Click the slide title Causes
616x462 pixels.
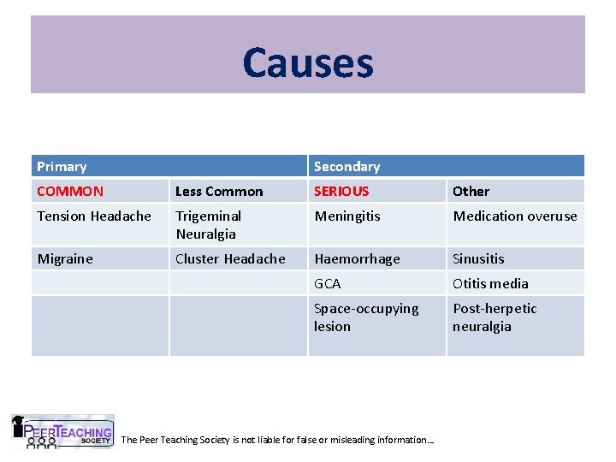click(308, 62)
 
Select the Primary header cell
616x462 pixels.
click(62, 167)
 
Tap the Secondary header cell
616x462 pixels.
click(346, 167)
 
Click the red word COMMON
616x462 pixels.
click(70, 192)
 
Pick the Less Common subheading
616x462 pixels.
click(219, 192)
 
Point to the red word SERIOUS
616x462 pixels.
click(341, 192)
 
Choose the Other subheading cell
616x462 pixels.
click(471, 192)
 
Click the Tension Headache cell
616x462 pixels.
click(94, 216)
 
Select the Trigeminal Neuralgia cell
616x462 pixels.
click(209, 225)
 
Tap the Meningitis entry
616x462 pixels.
click(347, 216)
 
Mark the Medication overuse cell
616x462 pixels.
click(515, 216)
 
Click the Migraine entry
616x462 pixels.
click(65, 258)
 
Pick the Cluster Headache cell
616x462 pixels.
click(230, 258)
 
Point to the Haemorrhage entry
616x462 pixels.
click(357, 258)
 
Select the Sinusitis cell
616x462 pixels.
click(479, 258)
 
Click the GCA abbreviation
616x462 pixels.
click(328, 283)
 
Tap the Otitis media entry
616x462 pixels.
click(490, 283)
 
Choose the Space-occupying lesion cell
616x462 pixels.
click(366, 317)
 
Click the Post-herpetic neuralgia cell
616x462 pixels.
click(495, 317)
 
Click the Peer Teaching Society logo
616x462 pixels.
click(62, 431)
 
